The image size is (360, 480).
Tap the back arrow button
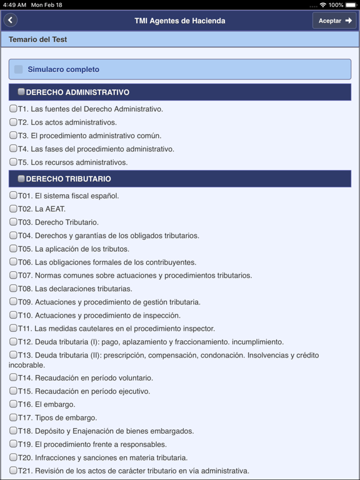tap(10, 21)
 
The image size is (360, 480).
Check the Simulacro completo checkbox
tap(19, 69)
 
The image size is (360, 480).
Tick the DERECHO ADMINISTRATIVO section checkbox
tap(21, 92)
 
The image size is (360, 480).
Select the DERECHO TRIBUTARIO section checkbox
tap(21, 179)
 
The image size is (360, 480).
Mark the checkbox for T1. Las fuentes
tap(13, 109)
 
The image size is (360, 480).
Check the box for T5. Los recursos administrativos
tap(13, 162)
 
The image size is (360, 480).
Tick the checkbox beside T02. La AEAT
tap(13, 209)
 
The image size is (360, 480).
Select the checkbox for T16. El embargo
tap(13, 404)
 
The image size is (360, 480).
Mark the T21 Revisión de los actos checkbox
tap(13, 471)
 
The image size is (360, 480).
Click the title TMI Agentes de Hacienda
tap(180, 21)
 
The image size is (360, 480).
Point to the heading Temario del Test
tap(38, 39)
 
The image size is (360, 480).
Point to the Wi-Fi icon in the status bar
tap(322, 4)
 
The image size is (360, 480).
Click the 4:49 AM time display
tap(14, 4)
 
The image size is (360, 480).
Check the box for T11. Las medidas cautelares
tap(13, 328)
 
